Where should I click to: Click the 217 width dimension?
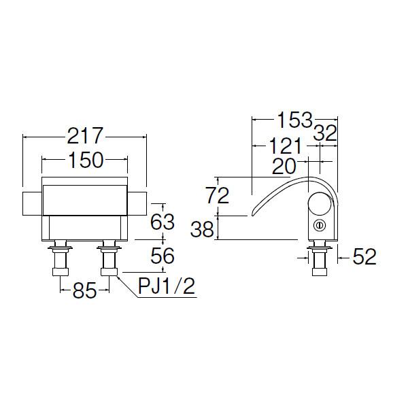pos(86,135)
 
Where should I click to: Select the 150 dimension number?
pos(86,160)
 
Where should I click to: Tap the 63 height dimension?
pos(163,222)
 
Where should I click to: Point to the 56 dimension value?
pos(162,256)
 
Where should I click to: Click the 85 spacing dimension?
pos(84,290)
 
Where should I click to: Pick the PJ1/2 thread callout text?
pos(167,286)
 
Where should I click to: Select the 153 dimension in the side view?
pos(294,120)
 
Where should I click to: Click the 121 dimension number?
pos(285,146)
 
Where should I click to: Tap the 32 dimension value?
pos(325,133)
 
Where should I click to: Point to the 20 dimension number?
pos(284,167)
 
